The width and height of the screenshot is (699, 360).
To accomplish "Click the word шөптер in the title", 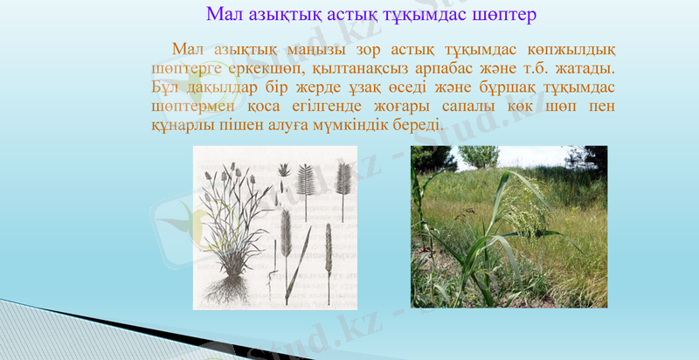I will [499, 15].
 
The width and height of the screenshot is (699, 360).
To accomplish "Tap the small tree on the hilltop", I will [480, 156].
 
